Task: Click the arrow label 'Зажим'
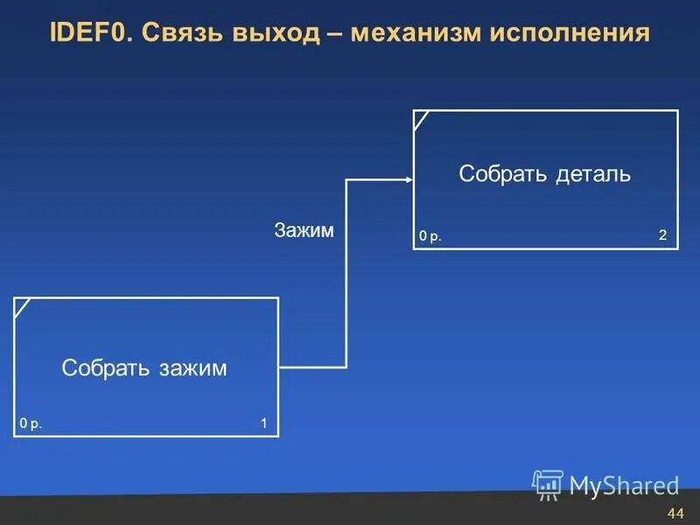pyautogui.click(x=304, y=230)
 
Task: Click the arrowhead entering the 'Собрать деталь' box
pyautogui.click(x=408, y=179)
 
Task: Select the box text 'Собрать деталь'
pyautogui.click(x=544, y=174)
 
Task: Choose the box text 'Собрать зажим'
pyautogui.click(x=144, y=368)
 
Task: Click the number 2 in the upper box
pyautogui.click(x=663, y=235)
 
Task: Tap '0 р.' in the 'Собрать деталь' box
pyautogui.click(x=430, y=236)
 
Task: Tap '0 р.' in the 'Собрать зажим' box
pyautogui.click(x=31, y=424)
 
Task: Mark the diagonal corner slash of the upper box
pyautogui.click(x=421, y=120)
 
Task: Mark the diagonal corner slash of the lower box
pyautogui.click(x=22, y=308)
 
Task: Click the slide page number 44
pyautogui.click(x=675, y=512)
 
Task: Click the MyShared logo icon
pyautogui.click(x=549, y=484)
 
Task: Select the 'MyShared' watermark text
pyautogui.click(x=624, y=486)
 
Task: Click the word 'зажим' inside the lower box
pyautogui.click(x=192, y=368)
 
